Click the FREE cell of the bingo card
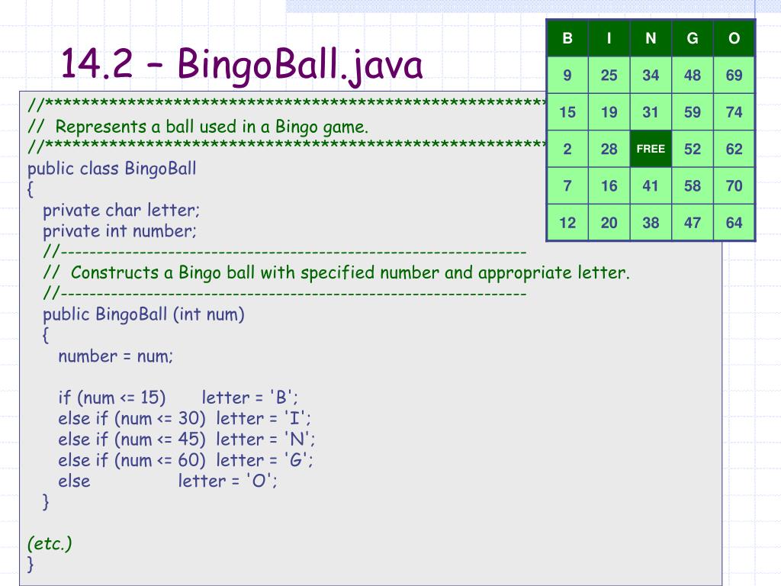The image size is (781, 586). pos(651,149)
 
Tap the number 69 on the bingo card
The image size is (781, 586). pos(734,76)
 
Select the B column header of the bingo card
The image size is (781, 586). pos(567,38)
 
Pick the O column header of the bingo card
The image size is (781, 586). pos(734,38)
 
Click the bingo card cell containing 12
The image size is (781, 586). pos(567,223)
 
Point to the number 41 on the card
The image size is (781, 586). pos(651,186)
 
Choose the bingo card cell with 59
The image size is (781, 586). pos(693,112)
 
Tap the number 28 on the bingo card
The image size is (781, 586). pos(609,149)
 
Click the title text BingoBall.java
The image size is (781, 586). pos(300,66)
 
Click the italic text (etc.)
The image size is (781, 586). pos(50,543)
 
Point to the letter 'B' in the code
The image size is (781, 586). pos(283,398)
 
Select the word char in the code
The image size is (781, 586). pos(124,210)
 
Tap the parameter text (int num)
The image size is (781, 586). pos(208,314)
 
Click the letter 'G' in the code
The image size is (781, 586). pos(298,460)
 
